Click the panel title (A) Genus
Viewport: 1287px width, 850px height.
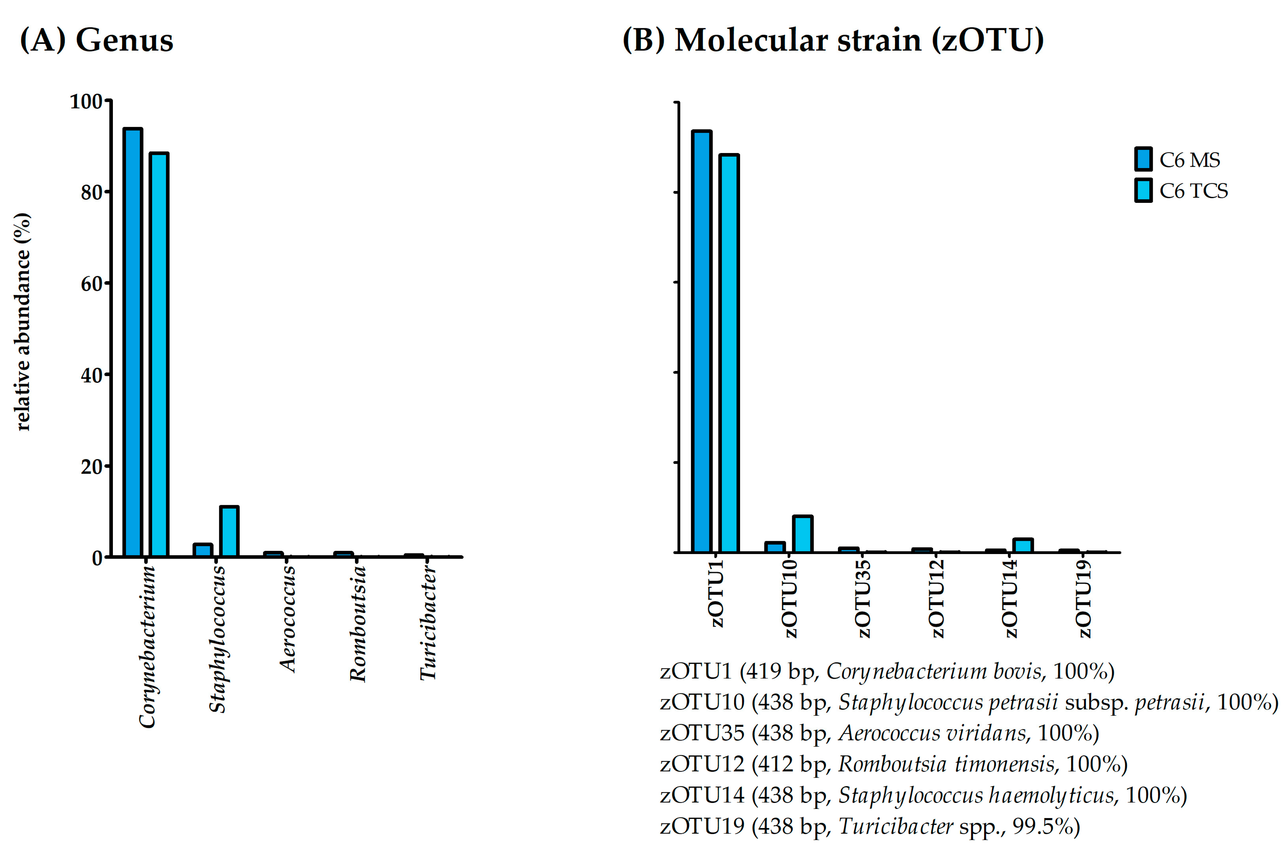97,40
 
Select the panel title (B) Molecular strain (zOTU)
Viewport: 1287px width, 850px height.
833,40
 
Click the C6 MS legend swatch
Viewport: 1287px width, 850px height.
1143,159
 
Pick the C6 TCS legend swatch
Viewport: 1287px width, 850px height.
1143,190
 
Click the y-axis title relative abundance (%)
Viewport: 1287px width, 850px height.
23,322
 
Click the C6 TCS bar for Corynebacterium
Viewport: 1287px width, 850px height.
159,355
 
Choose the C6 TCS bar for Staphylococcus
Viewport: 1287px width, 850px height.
229,531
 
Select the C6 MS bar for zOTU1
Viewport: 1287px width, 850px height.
702,341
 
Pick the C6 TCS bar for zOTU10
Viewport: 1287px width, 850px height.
802,534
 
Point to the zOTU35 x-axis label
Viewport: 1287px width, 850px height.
862,599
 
